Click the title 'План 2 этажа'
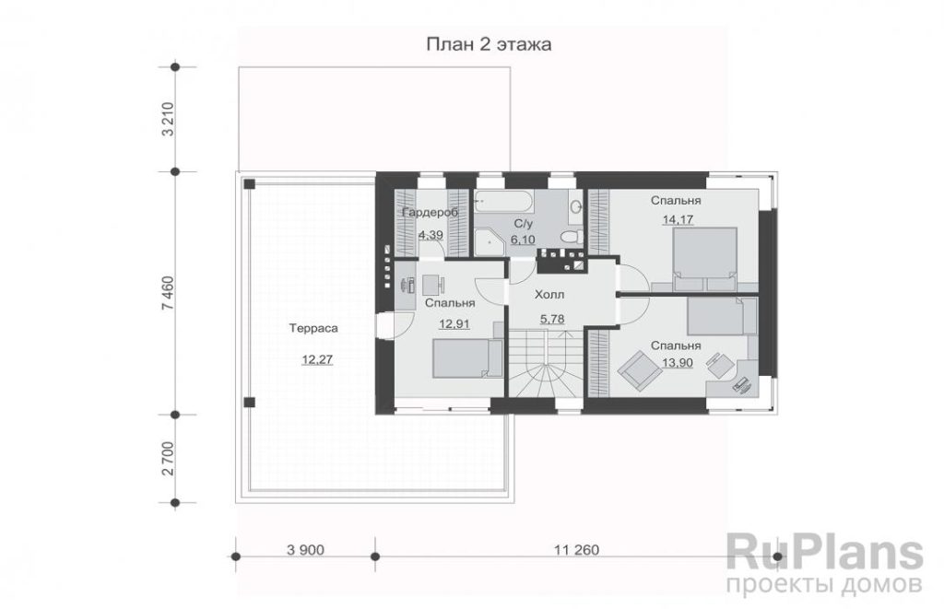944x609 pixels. [x=489, y=44]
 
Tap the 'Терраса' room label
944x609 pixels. [x=313, y=329]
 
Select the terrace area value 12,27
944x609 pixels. [x=317, y=360]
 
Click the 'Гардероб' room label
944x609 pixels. [x=430, y=213]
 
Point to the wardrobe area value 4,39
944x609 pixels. [x=431, y=235]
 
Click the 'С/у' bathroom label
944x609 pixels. [x=524, y=224]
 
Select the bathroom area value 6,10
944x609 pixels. [x=523, y=240]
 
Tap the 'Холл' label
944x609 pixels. [x=549, y=295]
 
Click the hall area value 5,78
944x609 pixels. [x=552, y=319]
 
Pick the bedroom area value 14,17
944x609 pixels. [x=678, y=219]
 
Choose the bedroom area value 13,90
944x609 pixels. [x=678, y=363]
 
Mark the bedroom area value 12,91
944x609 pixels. [x=454, y=323]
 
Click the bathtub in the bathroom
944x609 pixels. [x=503, y=201]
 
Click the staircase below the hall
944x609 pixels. [x=546, y=364]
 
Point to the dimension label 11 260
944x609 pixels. [x=577, y=549]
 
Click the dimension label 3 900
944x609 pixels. [x=306, y=549]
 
